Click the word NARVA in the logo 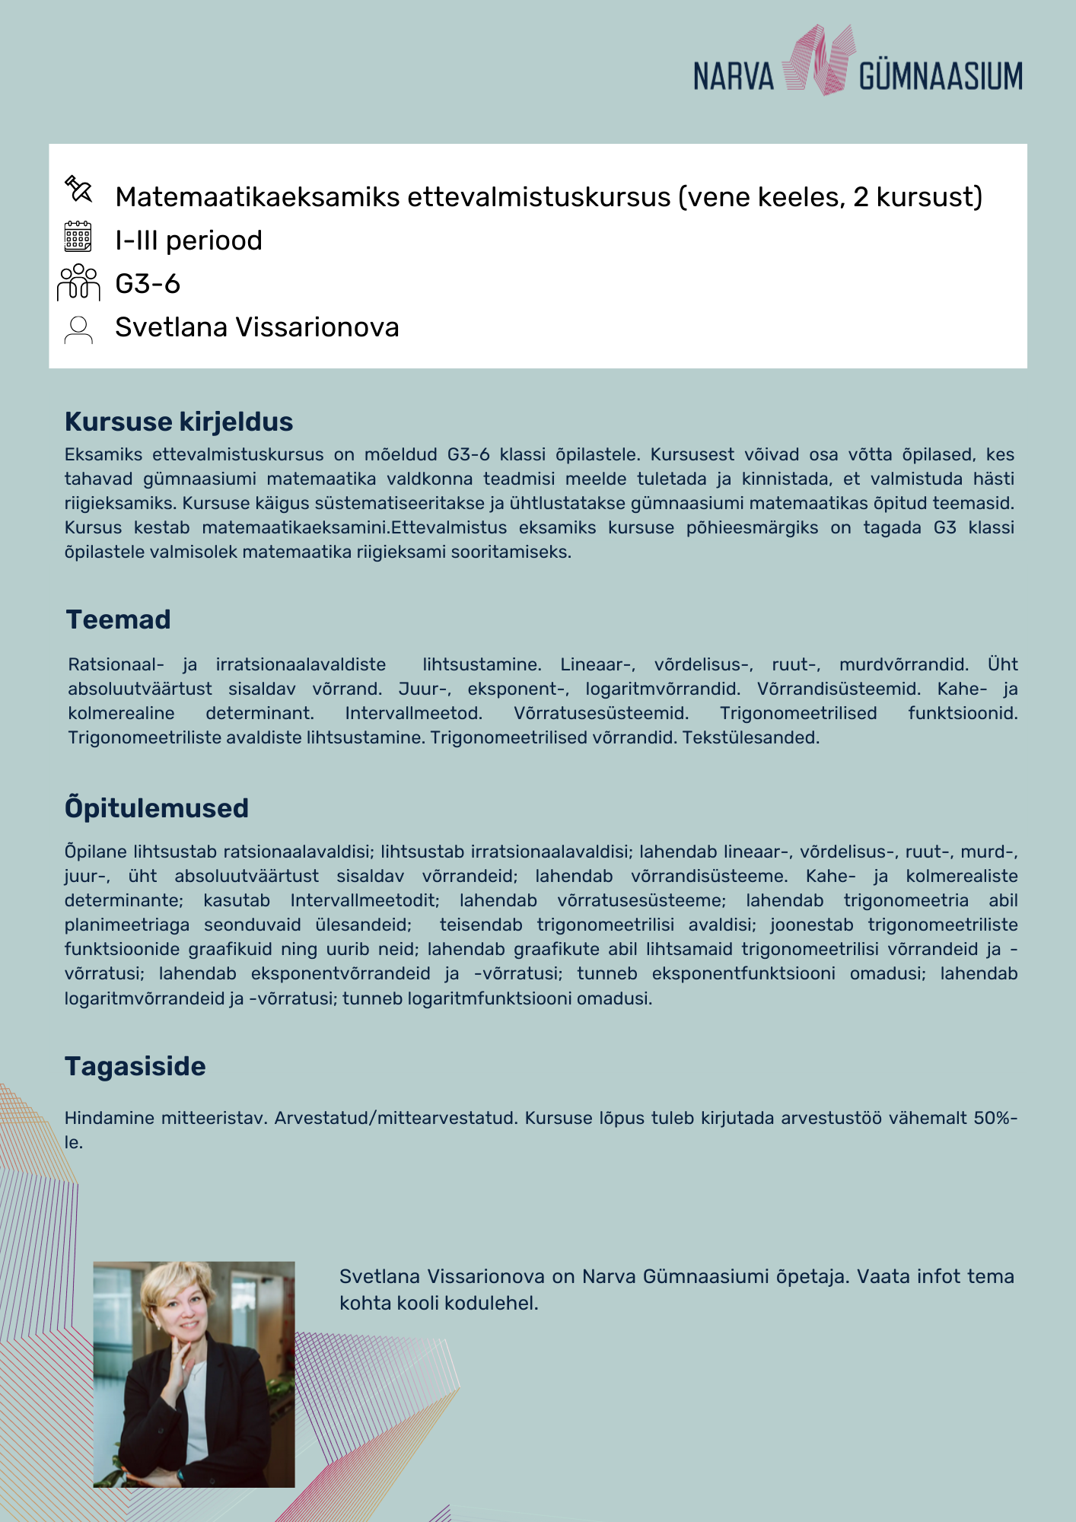point(733,77)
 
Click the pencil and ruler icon point(78,189)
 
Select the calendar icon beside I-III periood point(78,237)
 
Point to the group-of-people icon point(78,282)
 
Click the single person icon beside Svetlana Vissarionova point(78,330)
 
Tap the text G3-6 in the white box point(148,284)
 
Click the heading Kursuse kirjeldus point(179,422)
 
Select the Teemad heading point(118,619)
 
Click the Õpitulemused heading point(157,807)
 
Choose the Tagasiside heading point(135,1066)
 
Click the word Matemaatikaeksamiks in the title point(257,197)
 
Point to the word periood point(214,240)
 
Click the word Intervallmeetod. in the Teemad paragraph point(413,713)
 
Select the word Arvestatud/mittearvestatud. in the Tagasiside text point(396,1118)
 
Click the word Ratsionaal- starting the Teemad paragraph point(116,664)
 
